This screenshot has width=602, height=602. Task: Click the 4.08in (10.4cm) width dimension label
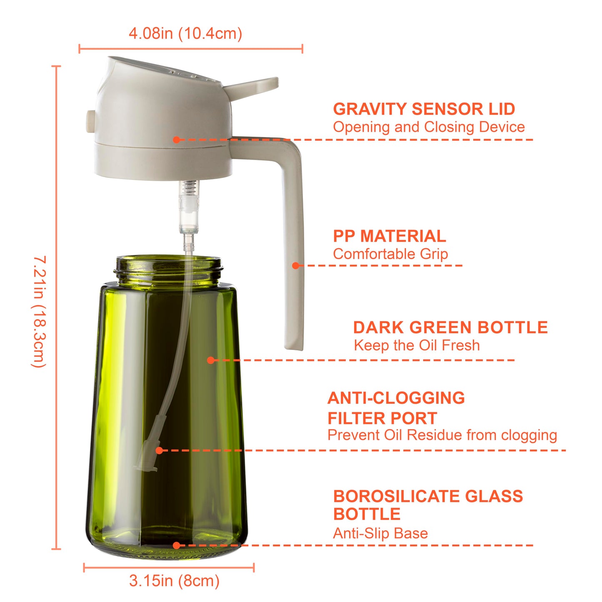coord(185,33)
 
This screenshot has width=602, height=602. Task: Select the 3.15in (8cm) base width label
coord(174,581)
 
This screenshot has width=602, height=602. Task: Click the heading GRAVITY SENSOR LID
coord(424,109)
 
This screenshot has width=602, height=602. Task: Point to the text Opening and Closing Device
coord(429,127)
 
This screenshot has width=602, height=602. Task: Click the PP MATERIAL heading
coord(390,236)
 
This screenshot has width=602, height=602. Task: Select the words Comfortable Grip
coord(390,254)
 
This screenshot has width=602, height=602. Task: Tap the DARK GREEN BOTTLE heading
coord(450,327)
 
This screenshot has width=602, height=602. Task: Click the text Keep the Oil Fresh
coord(417,345)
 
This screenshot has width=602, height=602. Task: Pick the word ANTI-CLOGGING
coord(396,398)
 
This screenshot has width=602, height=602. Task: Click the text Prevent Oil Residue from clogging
coord(442,435)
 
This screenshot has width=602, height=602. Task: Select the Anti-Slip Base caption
coord(380,533)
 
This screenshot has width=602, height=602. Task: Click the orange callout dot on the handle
coord(296,265)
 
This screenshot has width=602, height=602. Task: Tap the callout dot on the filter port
coord(159,450)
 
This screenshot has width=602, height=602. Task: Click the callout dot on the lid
coord(177,140)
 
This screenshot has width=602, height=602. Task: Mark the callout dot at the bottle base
coord(177,545)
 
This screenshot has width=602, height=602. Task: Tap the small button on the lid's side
coord(90,121)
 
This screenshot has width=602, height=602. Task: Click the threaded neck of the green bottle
coord(168,271)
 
